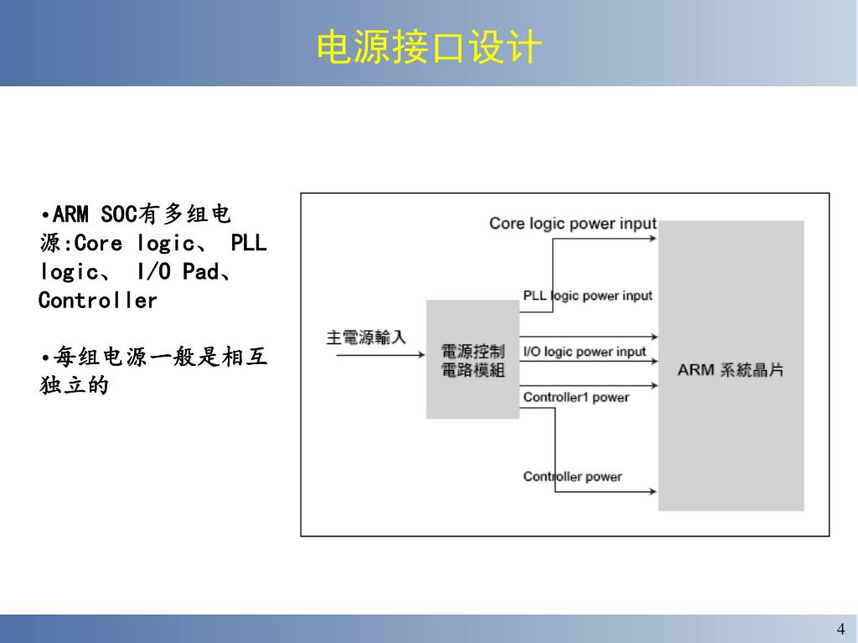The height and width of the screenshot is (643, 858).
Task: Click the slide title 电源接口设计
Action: pyautogui.click(x=428, y=48)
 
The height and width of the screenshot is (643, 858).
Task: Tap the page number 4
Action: pyautogui.click(x=840, y=630)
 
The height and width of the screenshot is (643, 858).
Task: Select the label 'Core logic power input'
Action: pyautogui.click(x=572, y=224)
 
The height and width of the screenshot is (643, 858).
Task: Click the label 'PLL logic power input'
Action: pyautogui.click(x=587, y=296)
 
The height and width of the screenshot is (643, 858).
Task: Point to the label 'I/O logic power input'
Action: pyautogui.click(x=584, y=352)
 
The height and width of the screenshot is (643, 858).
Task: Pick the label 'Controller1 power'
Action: pyautogui.click(x=576, y=397)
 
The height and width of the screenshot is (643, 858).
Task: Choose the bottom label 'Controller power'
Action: pyautogui.click(x=572, y=476)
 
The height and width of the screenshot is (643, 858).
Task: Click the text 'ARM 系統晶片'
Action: pyautogui.click(x=730, y=369)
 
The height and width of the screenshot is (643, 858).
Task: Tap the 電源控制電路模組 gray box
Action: pyautogui.click(x=473, y=360)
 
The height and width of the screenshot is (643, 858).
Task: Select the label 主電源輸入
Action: pyautogui.click(x=366, y=337)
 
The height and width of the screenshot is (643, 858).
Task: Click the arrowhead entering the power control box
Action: pyautogui.click(x=421, y=355)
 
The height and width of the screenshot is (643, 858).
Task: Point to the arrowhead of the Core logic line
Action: pyautogui.click(x=652, y=239)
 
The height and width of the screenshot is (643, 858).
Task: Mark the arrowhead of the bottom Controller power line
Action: pyautogui.click(x=652, y=491)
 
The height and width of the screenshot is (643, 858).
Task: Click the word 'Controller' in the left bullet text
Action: pyautogui.click(x=98, y=301)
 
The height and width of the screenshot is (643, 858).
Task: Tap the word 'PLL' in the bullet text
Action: pyautogui.click(x=248, y=244)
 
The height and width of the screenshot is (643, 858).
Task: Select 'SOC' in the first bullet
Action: pyautogui.click(x=118, y=214)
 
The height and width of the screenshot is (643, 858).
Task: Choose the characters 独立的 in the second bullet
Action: pyautogui.click(x=75, y=386)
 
